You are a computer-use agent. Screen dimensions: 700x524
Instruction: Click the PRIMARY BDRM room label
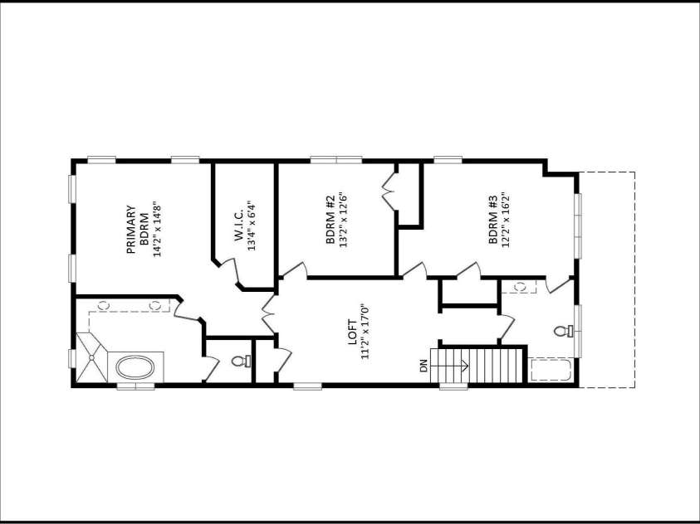138,230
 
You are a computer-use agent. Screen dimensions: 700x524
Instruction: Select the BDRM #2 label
330,220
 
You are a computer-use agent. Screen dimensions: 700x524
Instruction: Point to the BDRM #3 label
493,220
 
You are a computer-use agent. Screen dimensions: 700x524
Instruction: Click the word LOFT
352,332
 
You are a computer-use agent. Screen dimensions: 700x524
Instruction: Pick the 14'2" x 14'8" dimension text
156,230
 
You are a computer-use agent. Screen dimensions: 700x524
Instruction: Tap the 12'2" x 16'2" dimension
506,220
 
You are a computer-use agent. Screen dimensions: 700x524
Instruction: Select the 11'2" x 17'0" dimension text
365,332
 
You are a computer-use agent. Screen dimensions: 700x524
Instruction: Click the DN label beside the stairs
423,366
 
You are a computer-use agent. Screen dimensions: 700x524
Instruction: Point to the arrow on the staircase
448,366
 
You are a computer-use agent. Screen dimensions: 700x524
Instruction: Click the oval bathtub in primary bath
135,367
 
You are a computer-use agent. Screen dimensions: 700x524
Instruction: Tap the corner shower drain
91,357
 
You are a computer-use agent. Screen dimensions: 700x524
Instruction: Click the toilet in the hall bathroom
564,331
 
